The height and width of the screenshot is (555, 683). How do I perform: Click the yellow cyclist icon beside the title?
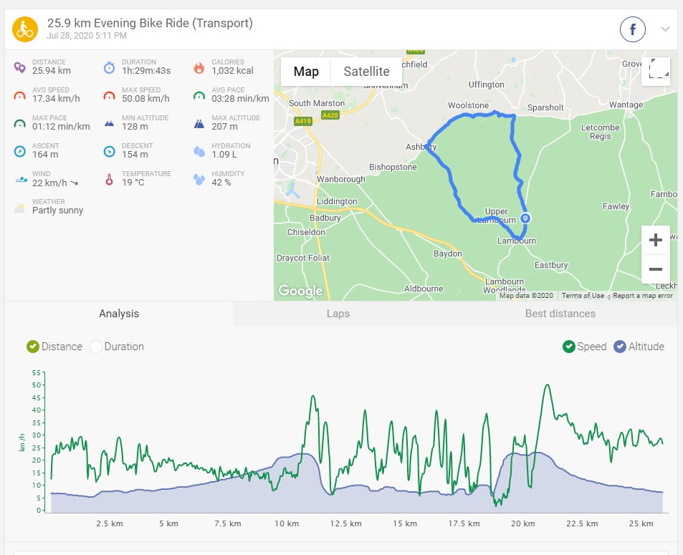tap(25, 29)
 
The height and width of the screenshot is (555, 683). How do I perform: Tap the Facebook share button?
tap(633, 29)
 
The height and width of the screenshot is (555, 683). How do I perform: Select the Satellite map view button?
tap(366, 72)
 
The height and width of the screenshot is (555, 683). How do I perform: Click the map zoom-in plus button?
tap(655, 241)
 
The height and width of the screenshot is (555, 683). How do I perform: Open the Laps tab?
tap(338, 314)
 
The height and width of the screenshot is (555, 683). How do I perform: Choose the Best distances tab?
tap(560, 314)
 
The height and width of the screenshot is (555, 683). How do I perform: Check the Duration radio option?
tap(96, 347)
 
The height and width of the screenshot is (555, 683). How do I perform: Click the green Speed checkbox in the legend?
tap(568, 347)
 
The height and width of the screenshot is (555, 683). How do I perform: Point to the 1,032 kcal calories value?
tap(232, 71)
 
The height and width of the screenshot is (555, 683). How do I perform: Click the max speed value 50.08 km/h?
tap(145, 99)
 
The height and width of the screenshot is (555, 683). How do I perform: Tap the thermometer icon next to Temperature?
tap(109, 179)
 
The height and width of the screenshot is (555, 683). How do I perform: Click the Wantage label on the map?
tap(626, 105)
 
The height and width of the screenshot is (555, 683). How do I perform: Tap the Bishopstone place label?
tap(392, 168)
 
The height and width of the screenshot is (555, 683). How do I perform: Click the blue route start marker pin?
tap(525, 218)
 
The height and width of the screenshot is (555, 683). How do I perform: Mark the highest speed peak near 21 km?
tap(548, 385)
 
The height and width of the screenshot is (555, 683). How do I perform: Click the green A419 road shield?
tap(302, 122)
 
